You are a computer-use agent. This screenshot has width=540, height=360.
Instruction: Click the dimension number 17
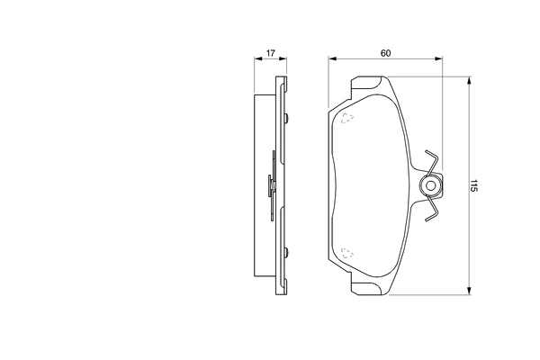pyautogui.click(x=269, y=53)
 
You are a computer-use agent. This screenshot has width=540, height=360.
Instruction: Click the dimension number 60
pyautogui.click(x=385, y=53)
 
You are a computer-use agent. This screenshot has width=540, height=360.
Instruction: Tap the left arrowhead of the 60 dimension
pyautogui.click(x=332, y=60)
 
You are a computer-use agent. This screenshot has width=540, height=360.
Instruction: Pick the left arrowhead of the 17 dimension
pyautogui.click(x=253, y=60)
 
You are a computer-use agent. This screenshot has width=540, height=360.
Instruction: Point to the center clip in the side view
pyautogui.click(x=273, y=186)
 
